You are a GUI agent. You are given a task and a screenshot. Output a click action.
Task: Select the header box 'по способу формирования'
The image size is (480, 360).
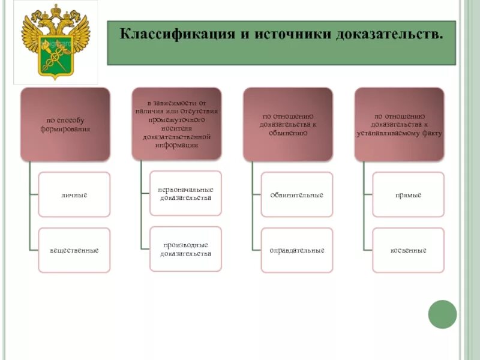pos(65,124)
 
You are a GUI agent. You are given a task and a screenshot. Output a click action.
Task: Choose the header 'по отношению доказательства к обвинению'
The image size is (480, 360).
pos(288,124)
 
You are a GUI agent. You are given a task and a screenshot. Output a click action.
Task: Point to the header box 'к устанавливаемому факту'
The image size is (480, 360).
pos(400,124)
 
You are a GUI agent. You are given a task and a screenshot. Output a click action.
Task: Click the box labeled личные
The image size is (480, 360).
pos(74,195)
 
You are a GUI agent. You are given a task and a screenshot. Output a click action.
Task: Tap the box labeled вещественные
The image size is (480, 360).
pos(74,250)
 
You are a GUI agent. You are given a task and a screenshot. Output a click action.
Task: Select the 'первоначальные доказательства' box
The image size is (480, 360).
pos(185,193)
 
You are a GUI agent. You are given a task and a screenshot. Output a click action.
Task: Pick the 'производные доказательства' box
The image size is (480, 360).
pos(185,249)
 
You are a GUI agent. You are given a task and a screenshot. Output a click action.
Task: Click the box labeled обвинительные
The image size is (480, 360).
pos(297,195)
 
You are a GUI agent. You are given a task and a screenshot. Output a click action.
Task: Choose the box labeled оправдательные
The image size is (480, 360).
pos(297,250)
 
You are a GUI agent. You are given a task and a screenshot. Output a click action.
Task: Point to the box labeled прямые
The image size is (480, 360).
pos(408,195)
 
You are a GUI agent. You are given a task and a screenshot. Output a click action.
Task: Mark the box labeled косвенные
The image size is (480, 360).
pos(408,250)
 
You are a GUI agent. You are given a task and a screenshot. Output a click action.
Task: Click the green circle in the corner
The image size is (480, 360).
pos(442,314)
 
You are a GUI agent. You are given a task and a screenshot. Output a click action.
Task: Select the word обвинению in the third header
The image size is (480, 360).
pos(289,133)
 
